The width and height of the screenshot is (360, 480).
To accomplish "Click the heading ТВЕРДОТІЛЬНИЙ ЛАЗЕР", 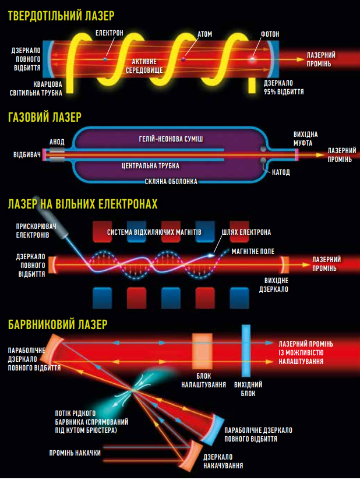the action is pyautogui.click(x=61, y=15).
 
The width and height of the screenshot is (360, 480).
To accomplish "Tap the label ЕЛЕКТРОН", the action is pyautogui.click(x=110, y=33).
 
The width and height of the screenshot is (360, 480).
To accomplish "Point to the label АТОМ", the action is pyautogui.click(x=205, y=34).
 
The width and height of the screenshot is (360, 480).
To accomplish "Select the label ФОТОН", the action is pyautogui.click(x=270, y=34).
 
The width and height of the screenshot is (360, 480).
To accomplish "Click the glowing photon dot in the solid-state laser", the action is pyautogui.click(x=252, y=59).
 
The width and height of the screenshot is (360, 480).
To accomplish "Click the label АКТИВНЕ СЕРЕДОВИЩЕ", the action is pyautogui.click(x=144, y=66).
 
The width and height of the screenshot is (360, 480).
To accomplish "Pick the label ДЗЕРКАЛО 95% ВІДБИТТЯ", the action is pyautogui.click(x=284, y=87).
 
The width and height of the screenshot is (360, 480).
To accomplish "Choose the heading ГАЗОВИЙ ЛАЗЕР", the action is pyautogui.click(x=45, y=117).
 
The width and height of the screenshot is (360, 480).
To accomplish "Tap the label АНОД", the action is pyautogui.click(x=57, y=142).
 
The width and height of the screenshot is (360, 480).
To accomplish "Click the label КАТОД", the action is pyautogui.click(x=281, y=172).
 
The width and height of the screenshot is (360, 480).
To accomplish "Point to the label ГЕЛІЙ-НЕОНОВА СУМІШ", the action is pyautogui.click(x=171, y=139).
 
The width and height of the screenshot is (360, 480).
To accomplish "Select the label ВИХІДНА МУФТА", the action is pyautogui.click(x=305, y=139).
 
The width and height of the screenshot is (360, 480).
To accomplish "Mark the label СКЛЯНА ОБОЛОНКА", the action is pyautogui.click(x=171, y=182).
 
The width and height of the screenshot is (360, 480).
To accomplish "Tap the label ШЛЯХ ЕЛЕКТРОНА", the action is pyautogui.click(x=246, y=232).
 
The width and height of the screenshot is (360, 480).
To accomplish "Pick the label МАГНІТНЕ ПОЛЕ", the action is pyautogui.click(x=253, y=252).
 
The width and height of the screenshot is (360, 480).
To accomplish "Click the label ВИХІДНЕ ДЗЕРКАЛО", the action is pyautogui.click(x=274, y=285).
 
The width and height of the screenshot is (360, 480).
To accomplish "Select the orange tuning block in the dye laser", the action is pyautogui.click(x=202, y=351).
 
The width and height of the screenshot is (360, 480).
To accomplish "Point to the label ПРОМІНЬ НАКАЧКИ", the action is pyautogui.click(x=75, y=453).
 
